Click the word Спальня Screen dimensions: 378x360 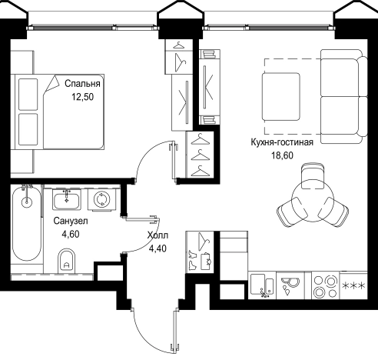[x=82, y=84]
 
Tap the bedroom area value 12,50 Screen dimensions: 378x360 [x=83, y=97]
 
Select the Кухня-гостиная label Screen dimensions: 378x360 [x=282, y=142]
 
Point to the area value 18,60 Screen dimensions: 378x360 [x=282, y=155]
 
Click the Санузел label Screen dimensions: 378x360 [x=71, y=221]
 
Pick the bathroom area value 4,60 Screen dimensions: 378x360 [x=71, y=234]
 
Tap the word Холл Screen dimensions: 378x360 [x=157, y=235]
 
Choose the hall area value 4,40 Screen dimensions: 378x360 [x=157, y=248]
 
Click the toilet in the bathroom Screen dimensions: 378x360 [x=67, y=262]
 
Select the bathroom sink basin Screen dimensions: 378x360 [x=67, y=200]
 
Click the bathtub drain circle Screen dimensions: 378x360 [x=27, y=202]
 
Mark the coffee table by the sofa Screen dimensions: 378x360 [x=281, y=96]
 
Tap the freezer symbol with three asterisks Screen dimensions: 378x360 [x=353, y=285]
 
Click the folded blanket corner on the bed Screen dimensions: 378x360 [x=52, y=84]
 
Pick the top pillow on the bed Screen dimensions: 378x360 [x=28, y=94]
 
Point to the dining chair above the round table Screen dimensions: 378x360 [x=313, y=175]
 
